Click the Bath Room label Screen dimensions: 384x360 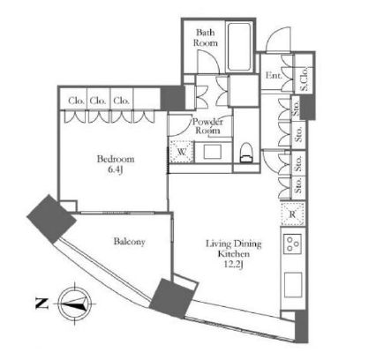coord(206,38)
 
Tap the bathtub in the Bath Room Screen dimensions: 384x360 coord(239,47)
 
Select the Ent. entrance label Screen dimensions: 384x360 coord(274,75)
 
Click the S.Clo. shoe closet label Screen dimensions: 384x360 coord(305,78)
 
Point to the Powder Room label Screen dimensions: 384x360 coord(208,126)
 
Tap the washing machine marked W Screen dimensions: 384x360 coord(182,152)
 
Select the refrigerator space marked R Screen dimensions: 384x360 coord(292,214)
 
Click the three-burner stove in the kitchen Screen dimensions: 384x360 coord(292,244)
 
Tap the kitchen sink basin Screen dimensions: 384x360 coord(293,284)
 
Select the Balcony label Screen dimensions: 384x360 coord(130,242)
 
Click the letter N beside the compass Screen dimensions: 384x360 coord(41,304)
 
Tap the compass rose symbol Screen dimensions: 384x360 coord(75,304)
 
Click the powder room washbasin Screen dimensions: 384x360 coord(213,152)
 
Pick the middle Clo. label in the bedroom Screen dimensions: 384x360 coord(97,101)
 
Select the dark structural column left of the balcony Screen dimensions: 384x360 coord(51,219)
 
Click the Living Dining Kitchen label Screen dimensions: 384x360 coord(233,249)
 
